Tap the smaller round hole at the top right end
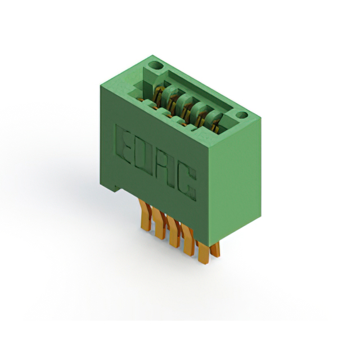point(242,115)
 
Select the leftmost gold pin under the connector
point(145,215)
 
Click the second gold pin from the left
point(159,224)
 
